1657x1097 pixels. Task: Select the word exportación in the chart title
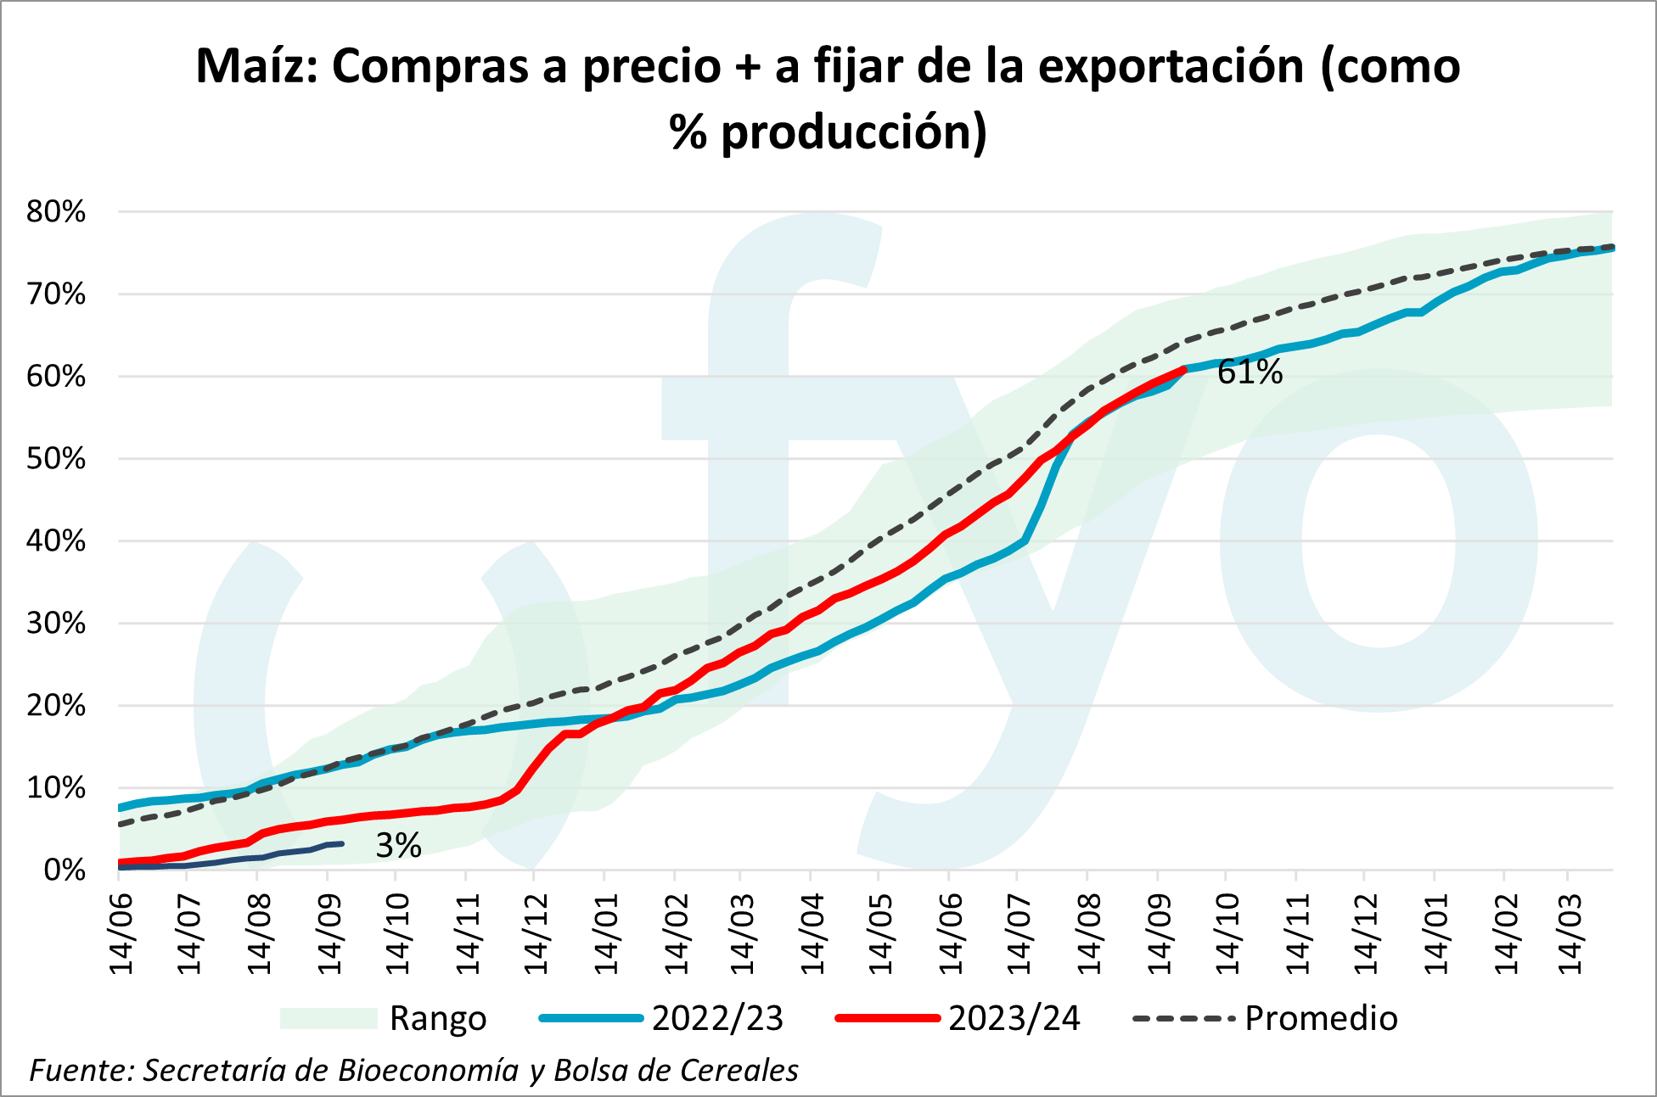click(1171, 66)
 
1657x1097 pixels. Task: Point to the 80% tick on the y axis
click(56, 212)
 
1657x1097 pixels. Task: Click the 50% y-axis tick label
click(56, 459)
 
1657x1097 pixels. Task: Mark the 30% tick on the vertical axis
click(56, 624)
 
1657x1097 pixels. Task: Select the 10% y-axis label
click(56, 788)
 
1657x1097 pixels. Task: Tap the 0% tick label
click(65, 870)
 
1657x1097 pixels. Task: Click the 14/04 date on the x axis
click(812, 933)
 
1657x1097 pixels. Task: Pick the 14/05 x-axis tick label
click(880, 933)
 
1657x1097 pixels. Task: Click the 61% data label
click(1250, 372)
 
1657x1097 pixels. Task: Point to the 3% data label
click(398, 846)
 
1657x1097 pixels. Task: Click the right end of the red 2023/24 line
click(1184, 370)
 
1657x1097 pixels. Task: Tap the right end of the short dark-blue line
click(341, 843)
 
